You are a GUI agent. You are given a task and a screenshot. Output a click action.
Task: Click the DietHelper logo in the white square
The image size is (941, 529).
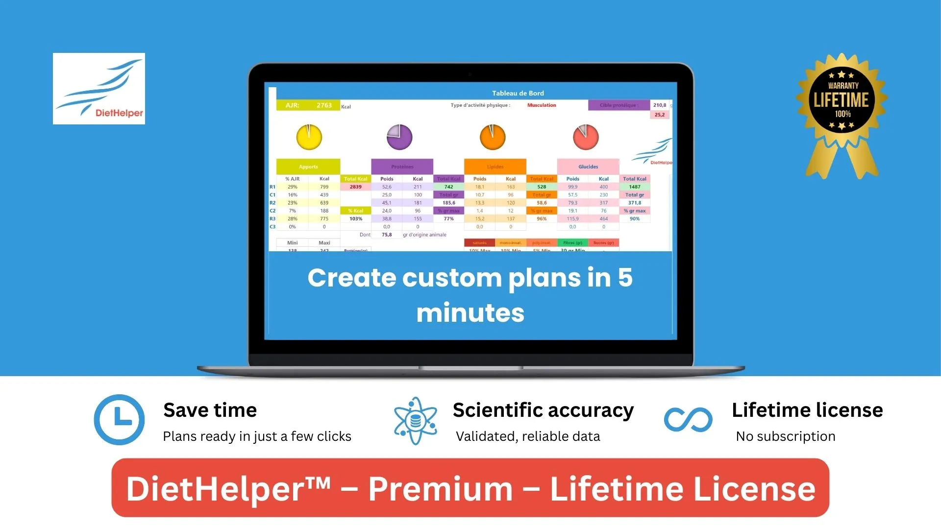pyautogui.click(x=99, y=89)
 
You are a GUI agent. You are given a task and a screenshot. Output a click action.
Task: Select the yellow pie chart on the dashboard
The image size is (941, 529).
pyautogui.click(x=309, y=137)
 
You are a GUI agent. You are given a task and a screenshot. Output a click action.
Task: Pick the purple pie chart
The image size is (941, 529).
pyautogui.click(x=399, y=137)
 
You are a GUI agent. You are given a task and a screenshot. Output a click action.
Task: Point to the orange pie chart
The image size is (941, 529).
pyautogui.click(x=493, y=137)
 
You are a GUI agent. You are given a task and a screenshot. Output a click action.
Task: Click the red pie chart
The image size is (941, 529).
pyautogui.click(x=586, y=137)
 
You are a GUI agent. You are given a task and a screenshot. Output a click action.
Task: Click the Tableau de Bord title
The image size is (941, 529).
pyautogui.click(x=518, y=93)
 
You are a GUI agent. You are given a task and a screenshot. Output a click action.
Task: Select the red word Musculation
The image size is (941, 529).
pyautogui.click(x=542, y=105)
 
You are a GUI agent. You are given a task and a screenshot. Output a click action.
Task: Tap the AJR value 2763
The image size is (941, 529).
pyautogui.click(x=324, y=105)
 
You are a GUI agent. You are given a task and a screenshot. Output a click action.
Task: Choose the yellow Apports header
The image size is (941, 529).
pyautogui.click(x=308, y=167)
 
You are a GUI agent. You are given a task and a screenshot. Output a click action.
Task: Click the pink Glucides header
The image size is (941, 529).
pyautogui.click(x=588, y=167)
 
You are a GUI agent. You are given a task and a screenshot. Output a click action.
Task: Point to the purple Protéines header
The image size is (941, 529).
pyautogui.click(x=402, y=167)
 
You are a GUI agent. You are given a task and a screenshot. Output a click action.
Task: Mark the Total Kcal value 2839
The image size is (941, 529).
pyautogui.click(x=356, y=187)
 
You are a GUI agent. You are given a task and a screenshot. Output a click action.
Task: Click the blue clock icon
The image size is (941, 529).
pyautogui.click(x=119, y=420)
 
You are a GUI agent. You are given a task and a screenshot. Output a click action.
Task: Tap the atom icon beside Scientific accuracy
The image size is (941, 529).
pyautogui.click(x=416, y=421)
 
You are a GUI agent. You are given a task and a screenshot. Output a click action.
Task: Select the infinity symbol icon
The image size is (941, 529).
pyautogui.click(x=688, y=420)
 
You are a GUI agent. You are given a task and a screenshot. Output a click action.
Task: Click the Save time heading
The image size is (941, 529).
pyautogui.click(x=210, y=410)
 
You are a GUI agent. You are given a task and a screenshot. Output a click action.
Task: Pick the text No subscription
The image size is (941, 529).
pyautogui.click(x=786, y=436)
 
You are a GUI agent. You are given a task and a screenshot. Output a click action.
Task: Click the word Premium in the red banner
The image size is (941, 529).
pyautogui.click(x=440, y=489)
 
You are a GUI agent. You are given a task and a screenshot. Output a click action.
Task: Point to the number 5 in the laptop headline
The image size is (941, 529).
pyautogui.click(x=625, y=278)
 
